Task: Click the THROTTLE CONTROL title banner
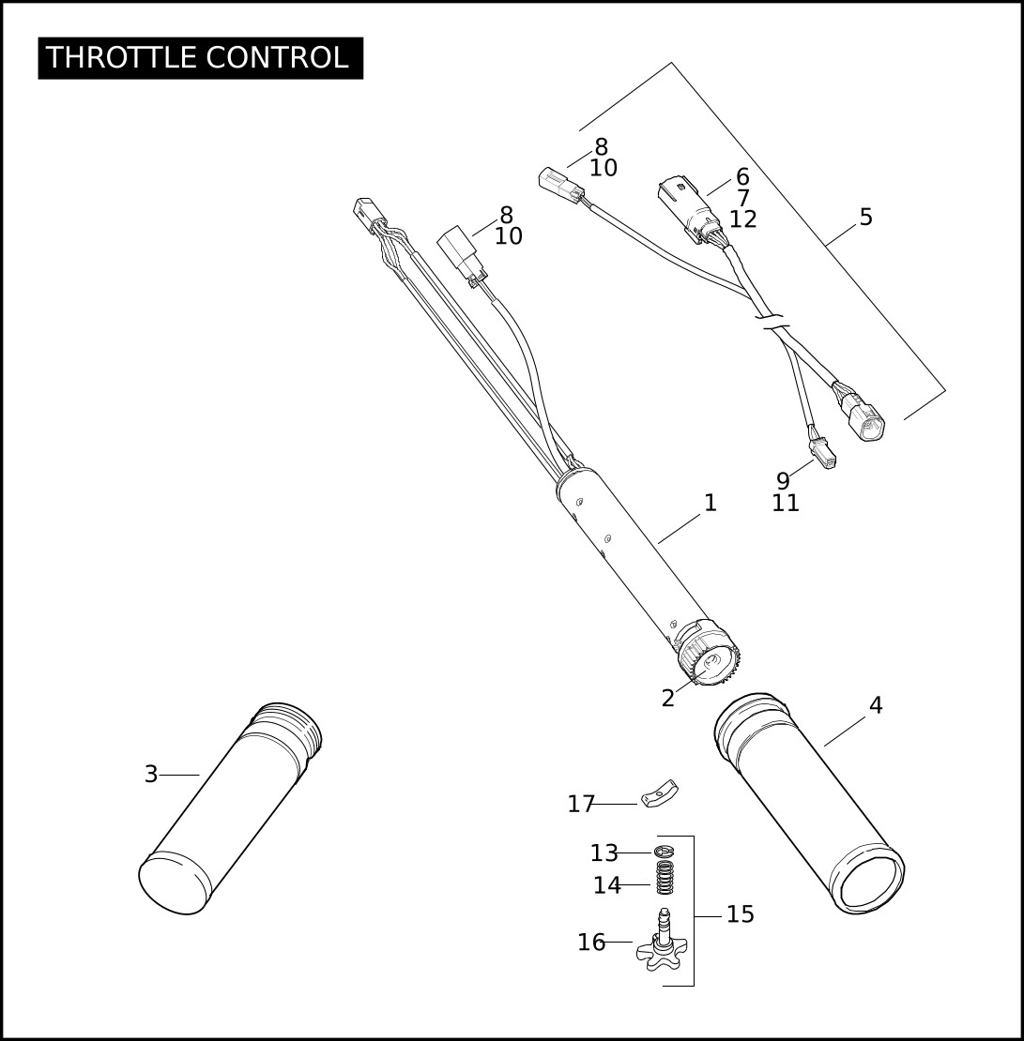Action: [200, 58]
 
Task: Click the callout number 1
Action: [711, 503]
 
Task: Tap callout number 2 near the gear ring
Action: [668, 698]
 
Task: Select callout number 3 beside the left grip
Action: [151, 774]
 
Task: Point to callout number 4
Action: [876, 705]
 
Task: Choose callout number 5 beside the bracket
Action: [866, 217]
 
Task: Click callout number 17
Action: [580, 804]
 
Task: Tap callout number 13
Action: [604, 852]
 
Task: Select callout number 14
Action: [606, 885]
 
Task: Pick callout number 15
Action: [741, 914]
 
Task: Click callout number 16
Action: [591, 943]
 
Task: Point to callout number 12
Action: [743, 219]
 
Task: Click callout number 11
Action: [785, 503]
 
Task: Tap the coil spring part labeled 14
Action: [665, 877]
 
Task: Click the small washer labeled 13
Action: [665, 852]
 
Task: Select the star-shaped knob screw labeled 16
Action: [662, 941]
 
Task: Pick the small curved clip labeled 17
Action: [659, 792]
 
